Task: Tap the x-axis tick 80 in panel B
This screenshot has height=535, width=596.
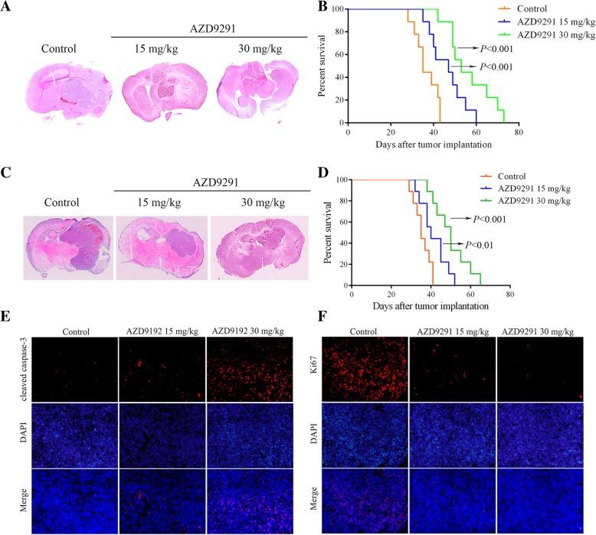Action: (x=519, y=132)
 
